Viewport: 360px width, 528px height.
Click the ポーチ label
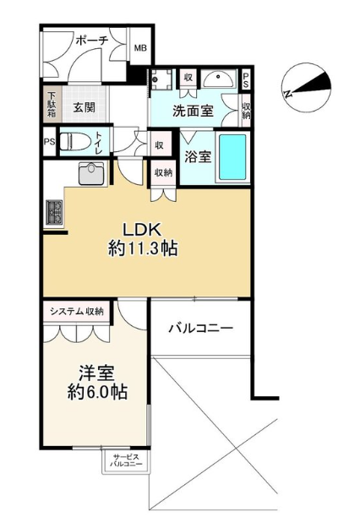(x=91, y=41)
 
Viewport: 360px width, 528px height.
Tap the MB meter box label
(x=140, y=48)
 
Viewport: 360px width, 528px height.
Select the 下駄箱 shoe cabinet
(x=52, y=104)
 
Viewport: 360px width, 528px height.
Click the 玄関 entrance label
(x=85, y=107)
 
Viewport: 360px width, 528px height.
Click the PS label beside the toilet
(x=49, y=141)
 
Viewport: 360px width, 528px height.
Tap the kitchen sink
(x=91, y=173)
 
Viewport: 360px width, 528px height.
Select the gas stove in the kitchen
(x=54, y=213)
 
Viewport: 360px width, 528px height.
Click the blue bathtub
(x=232, y=157)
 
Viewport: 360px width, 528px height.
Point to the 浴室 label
(x=198, y=156)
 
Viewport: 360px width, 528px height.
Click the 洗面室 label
(x=193, y=111)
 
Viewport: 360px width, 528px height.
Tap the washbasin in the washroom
(x=219, y=79)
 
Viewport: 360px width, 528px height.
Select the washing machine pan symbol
(x=161, y=79)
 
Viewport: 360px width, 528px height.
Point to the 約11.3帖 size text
(x=143, y=249)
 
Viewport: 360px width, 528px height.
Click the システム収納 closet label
(x=77, y=312)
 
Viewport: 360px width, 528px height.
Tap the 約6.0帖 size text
(x=97, y=392)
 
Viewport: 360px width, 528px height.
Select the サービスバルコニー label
(x=126, y=460)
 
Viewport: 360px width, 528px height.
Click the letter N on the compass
(x=288, y=94)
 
